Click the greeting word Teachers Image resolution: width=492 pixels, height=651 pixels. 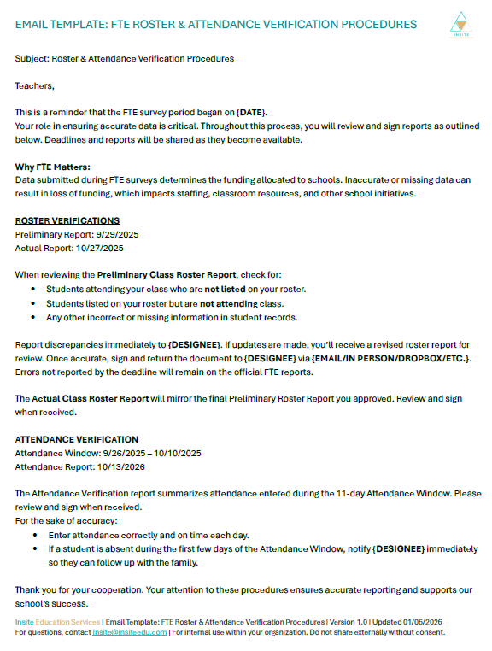click(34, 85)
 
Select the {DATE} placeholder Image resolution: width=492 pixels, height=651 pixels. click(252, 113)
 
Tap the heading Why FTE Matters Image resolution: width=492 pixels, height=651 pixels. click(53, 167)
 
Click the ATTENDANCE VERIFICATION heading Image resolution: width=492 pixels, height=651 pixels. click(77, 439)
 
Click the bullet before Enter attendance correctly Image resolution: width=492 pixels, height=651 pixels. click(35, 535)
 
